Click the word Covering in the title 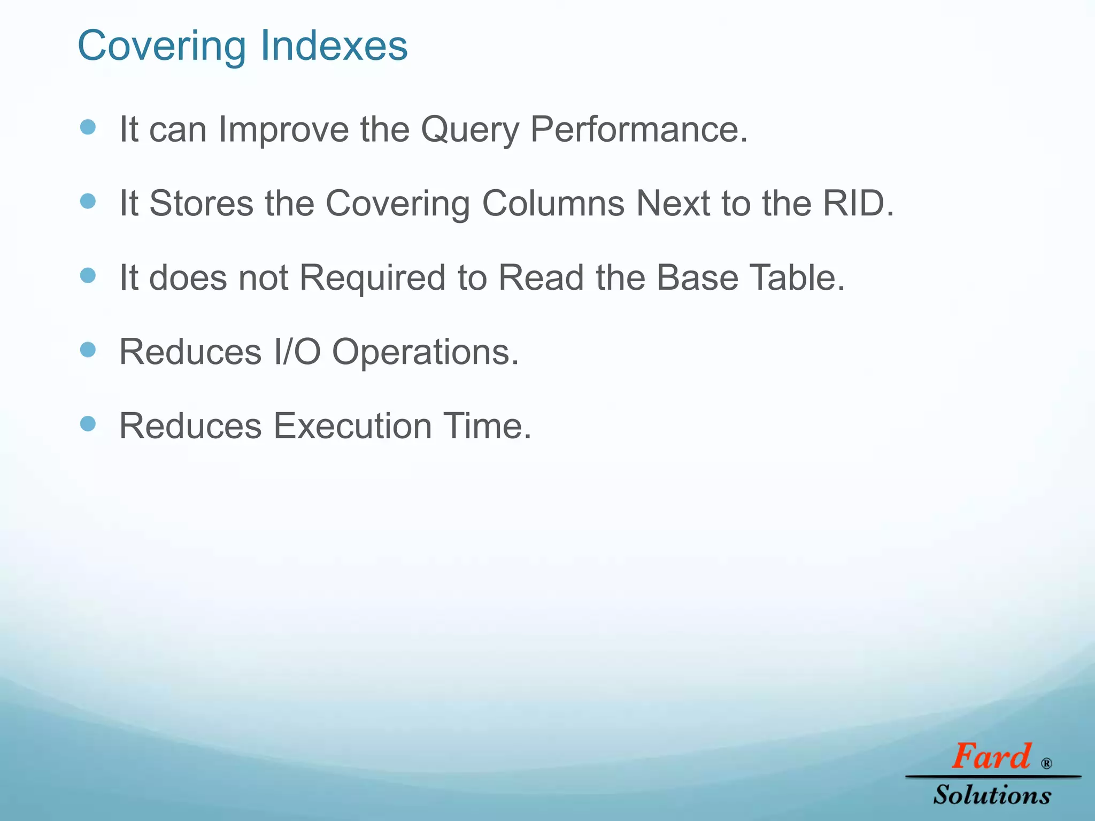(x=162, y=46)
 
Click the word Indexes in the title (x=334, y=46)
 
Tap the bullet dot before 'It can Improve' (x=88, y=127)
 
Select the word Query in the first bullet (x=469, y=129)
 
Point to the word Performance (x=638, y=129)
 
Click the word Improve (x=283, y=129)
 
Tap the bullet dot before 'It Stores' (x=88, y=202)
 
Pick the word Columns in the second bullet (x=553, y=204)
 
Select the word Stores (x=201, y=204)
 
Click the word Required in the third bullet (x=372, y=278)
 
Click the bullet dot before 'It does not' (x=88, y=276)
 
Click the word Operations (x=425, y=353)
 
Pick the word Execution (x=352, y=427)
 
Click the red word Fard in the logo (x=991, y=757)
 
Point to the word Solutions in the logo (x=992, y=795)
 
